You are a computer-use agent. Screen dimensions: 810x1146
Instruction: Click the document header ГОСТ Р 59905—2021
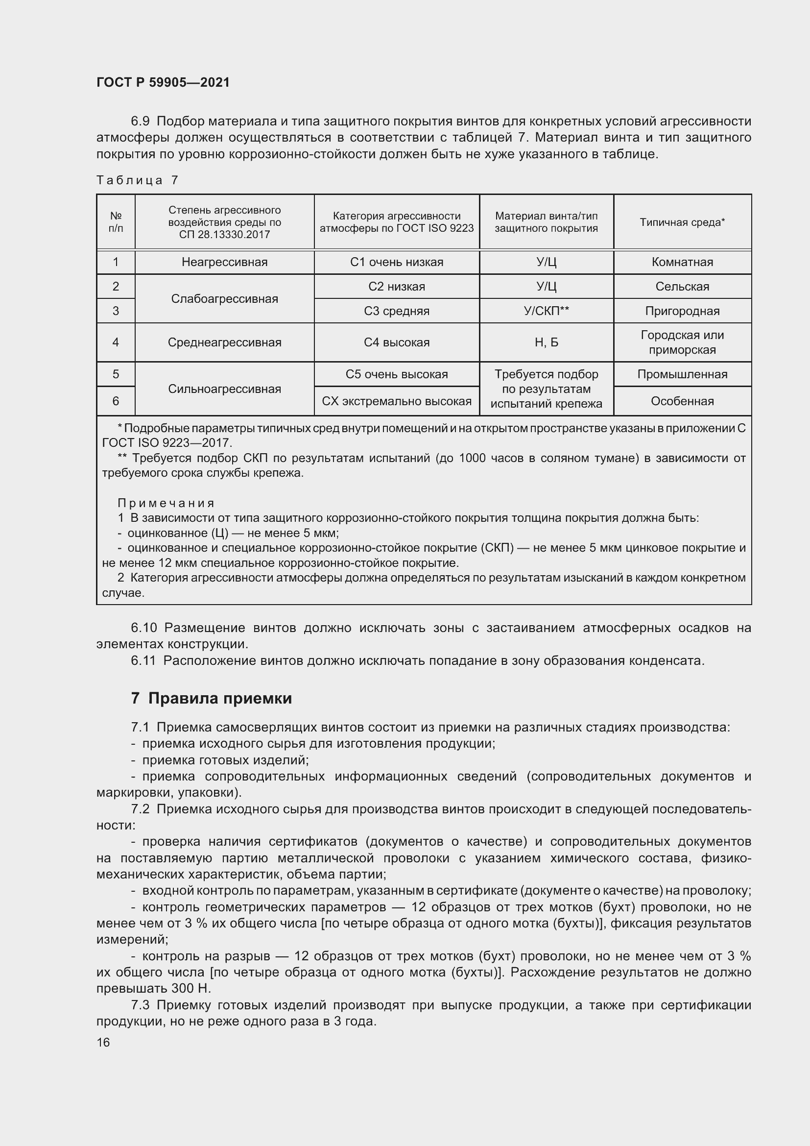click(x=163, y=82)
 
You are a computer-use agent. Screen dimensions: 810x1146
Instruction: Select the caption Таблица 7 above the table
click(x=137, y=180)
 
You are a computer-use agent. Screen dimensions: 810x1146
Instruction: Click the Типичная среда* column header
click(x=682, y=222)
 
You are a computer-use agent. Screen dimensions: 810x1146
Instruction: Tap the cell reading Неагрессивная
click(x=224, y=262)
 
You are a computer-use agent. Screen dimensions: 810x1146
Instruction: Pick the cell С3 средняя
click(x=397, y=311)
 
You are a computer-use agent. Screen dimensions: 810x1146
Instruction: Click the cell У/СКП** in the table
click(x=546, y=311)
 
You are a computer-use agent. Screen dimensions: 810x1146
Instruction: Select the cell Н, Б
click(x=546, y=342)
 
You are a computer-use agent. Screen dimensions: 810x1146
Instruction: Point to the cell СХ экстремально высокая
click(x=397, y=401)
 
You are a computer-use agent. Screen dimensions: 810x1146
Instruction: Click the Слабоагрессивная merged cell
click(x=224, y=298)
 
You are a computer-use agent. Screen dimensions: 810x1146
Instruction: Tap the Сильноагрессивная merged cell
click(x=224, y=389)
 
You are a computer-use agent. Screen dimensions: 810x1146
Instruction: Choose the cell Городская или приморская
click(x=682, y=342)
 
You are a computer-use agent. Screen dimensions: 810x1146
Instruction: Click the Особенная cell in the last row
click(x=682, y=401)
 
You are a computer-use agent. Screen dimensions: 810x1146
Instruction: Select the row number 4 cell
click(x=116, y=342)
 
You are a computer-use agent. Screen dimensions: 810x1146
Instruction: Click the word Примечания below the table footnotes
click(x=166, y=503)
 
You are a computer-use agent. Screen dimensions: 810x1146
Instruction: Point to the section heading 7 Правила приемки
click(x=212, y=698)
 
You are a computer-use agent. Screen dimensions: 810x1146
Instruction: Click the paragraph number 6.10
click(x=143, y=628)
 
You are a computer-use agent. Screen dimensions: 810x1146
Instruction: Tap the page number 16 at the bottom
click(x=103, y=1042)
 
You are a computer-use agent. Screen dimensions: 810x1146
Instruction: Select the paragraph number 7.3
click(x=141, y=1005)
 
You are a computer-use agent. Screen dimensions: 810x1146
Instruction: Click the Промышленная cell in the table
click(x=682, y=374)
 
